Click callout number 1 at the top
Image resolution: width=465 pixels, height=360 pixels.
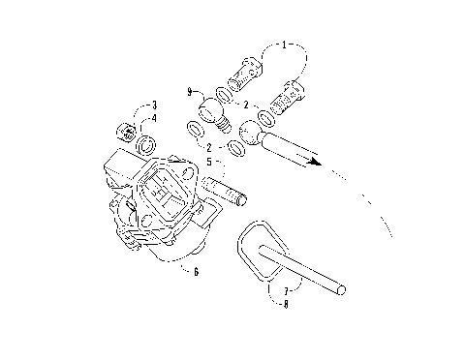(284, 44)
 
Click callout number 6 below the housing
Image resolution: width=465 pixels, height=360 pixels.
(196, 272)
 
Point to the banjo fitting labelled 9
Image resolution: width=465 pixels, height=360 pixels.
(213, 109)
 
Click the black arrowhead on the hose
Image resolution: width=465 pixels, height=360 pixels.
(312, 163)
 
